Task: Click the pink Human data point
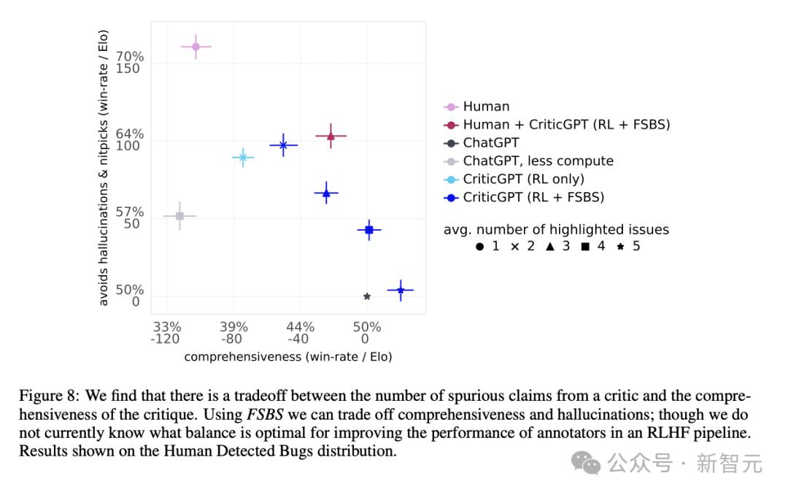click(196, 47)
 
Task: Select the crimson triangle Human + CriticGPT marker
click(331, 136)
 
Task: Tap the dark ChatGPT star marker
click(367, 296)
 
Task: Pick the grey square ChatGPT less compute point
click(179, 216)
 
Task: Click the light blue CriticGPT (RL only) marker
click(242, 157)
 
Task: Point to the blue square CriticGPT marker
click(369, 230)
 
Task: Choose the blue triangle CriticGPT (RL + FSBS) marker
click(326, 193)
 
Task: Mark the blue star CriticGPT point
click(401, 291)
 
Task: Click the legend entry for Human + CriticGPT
click(566, 125)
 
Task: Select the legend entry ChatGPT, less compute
click(538, 161)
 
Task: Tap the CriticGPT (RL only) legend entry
click(523, 179)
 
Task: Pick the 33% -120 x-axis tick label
click(166, 332)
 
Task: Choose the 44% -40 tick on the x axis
click(300, 332)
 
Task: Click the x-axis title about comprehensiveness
click(288, 357)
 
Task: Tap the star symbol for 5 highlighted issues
click(620, 247)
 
